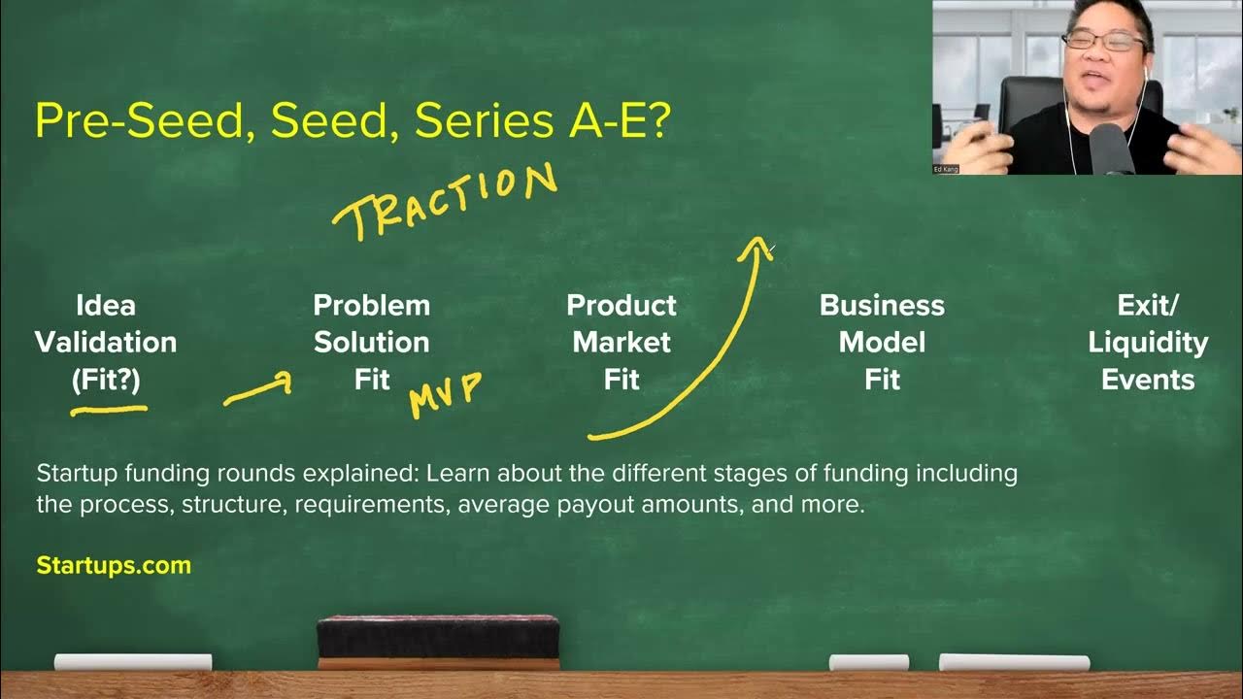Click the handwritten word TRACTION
point(445,201)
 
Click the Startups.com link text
point(114,565)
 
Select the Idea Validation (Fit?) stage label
point(106,343)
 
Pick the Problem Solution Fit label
point(371,343)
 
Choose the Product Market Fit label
point(621,343)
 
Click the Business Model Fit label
point(882,343)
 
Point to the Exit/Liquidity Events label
point(1148,343)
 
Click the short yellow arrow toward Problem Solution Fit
point(257,390)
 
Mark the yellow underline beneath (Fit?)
point(109,411)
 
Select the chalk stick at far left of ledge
point(133,662)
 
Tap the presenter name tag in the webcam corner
point(945,169)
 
